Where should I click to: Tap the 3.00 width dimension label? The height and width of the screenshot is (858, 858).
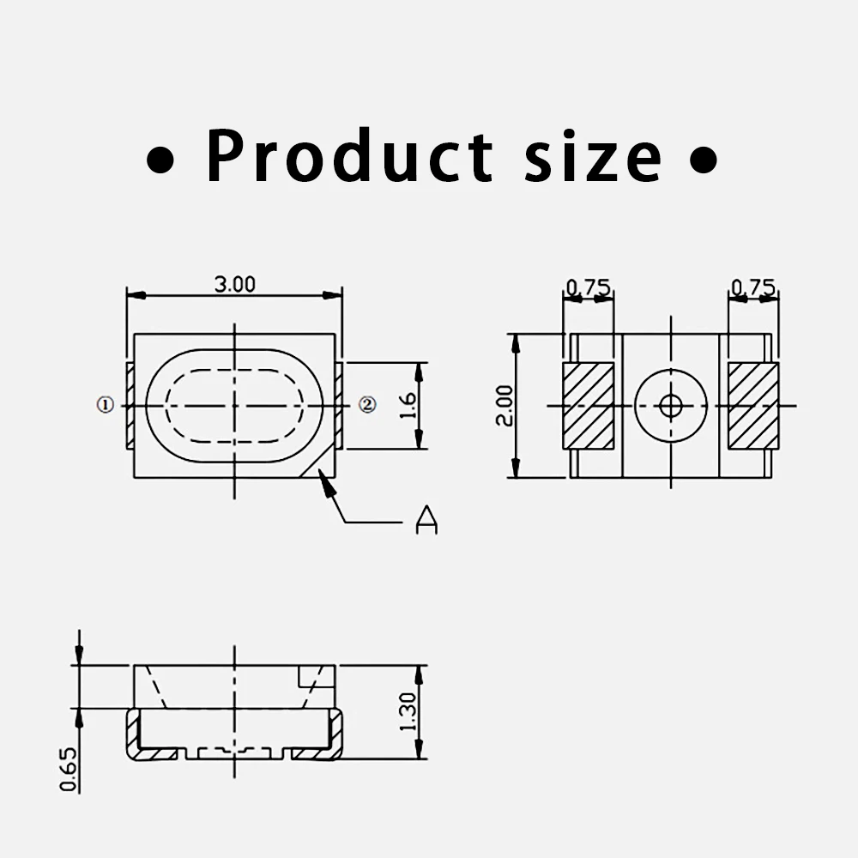235,285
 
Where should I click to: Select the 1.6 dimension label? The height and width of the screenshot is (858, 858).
408,406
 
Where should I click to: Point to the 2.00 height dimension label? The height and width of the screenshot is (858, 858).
505,406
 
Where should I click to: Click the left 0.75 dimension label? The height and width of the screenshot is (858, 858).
589,287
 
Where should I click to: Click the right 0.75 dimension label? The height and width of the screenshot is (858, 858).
753,287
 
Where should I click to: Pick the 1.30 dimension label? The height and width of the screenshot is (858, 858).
408,712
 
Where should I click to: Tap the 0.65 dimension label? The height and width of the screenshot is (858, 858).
69,770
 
